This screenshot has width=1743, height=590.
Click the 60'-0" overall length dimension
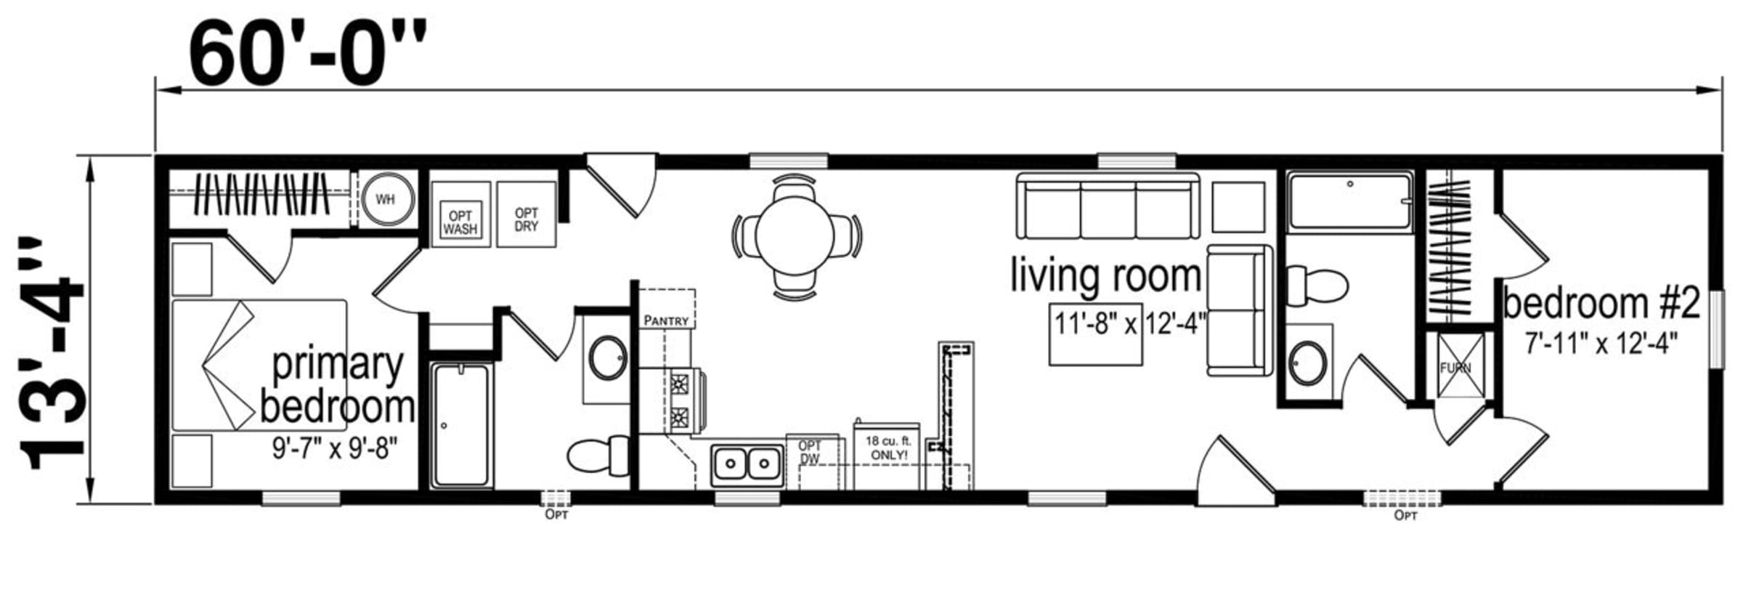[x=308, y=53]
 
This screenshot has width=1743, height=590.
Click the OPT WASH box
[x=460, y=214]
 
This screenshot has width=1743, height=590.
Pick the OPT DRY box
[x=527, y=214]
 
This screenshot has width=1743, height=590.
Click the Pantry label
[x=666, y=320]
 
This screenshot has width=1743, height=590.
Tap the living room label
[x=1106, y=277]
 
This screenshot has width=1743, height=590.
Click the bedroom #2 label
[x=1601, y=303]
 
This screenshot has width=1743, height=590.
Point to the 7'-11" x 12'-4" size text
[x=1601, y=343]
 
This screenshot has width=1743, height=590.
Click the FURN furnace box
[x=1456, y=366]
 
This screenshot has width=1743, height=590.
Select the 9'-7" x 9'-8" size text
[x=336, y=448]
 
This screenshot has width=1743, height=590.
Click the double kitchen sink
[x=746, y=463]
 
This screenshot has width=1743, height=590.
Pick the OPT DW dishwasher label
[x=810, y=452]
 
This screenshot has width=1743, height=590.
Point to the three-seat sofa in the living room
[x=1108, y=206]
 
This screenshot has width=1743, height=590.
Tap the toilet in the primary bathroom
[x=598, y=456]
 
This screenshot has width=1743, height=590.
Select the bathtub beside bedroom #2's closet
[x=1350, y=201]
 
